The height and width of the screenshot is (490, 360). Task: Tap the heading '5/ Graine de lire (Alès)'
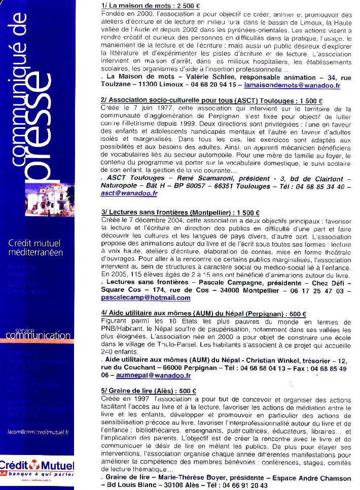pos(141,391)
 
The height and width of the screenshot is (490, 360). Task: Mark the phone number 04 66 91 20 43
pos(241,485)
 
